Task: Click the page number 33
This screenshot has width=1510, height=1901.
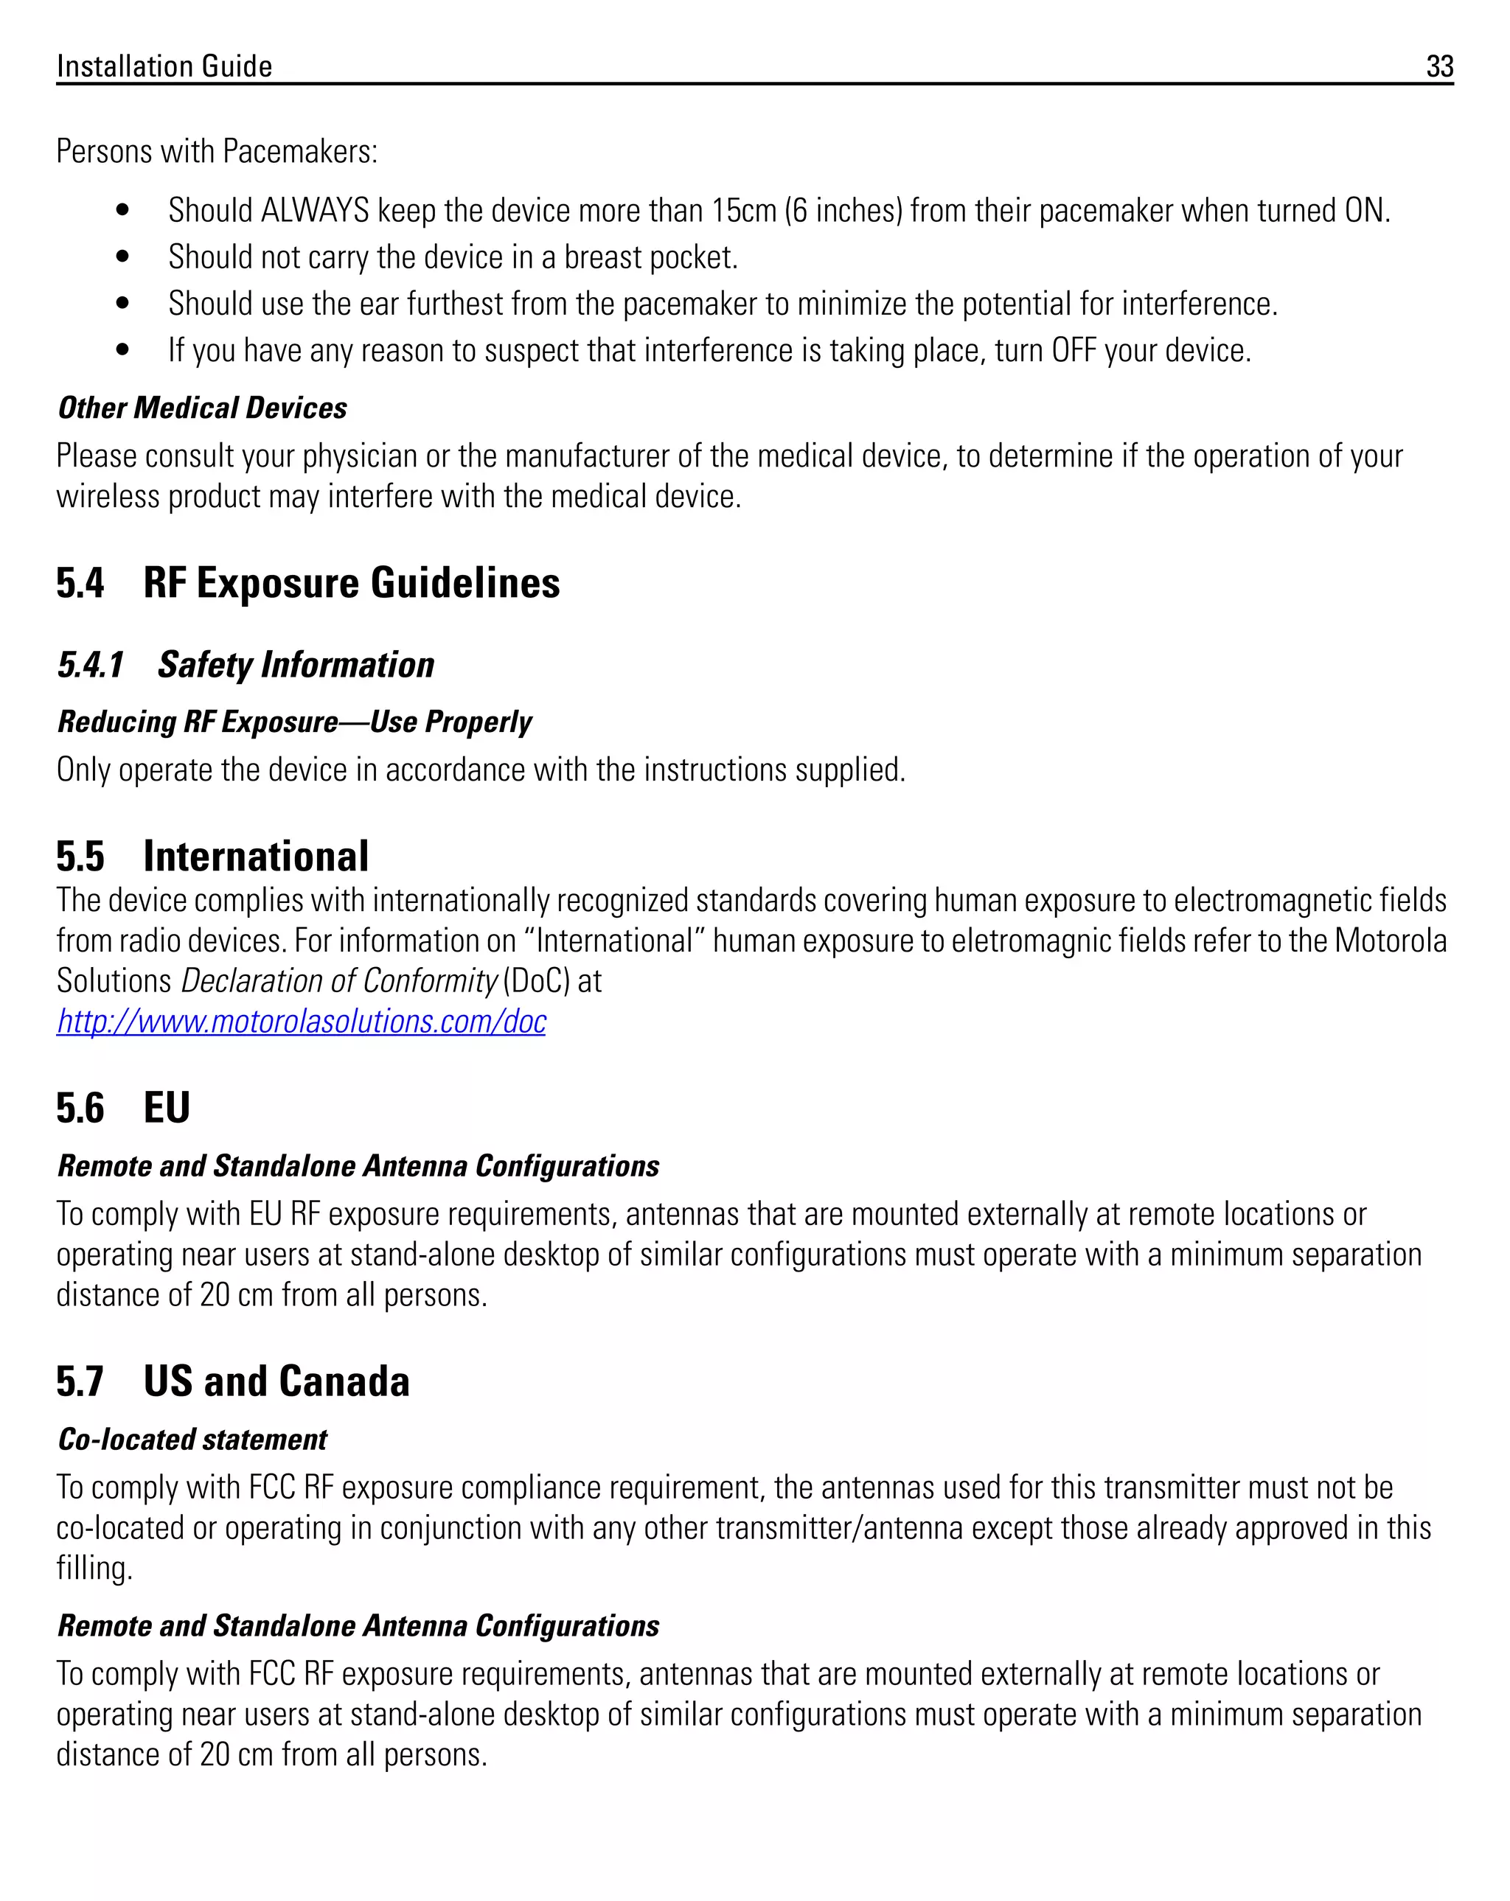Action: [1439, 66]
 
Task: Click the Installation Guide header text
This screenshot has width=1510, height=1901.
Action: [164, 66]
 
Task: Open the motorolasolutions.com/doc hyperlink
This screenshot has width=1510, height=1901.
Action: [301, 1021]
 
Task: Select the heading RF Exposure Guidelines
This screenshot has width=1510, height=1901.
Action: [351, 583]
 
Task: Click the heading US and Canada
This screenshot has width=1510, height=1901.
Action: [276, 1381]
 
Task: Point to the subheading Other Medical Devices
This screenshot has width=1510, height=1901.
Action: [202, 408]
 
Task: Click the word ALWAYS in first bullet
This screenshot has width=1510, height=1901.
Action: [315, 211]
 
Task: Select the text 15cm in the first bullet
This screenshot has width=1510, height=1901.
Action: [743, 211]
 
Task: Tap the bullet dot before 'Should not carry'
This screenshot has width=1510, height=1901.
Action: [122, 257]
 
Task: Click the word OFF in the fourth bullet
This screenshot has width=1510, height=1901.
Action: [1074, 351]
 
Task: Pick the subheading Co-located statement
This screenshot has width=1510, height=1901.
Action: [192, 1440]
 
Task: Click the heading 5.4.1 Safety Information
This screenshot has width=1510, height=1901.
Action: [246, 665]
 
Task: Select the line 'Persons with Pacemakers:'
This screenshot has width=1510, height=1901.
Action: [217, 152]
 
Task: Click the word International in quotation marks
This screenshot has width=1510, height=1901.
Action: [614, 941]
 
